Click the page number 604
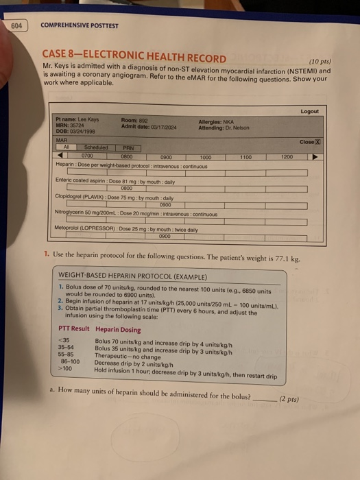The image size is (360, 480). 16,25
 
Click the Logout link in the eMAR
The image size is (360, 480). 310,111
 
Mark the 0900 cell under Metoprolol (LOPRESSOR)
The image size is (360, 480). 165,235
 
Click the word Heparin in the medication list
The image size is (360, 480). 66,164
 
